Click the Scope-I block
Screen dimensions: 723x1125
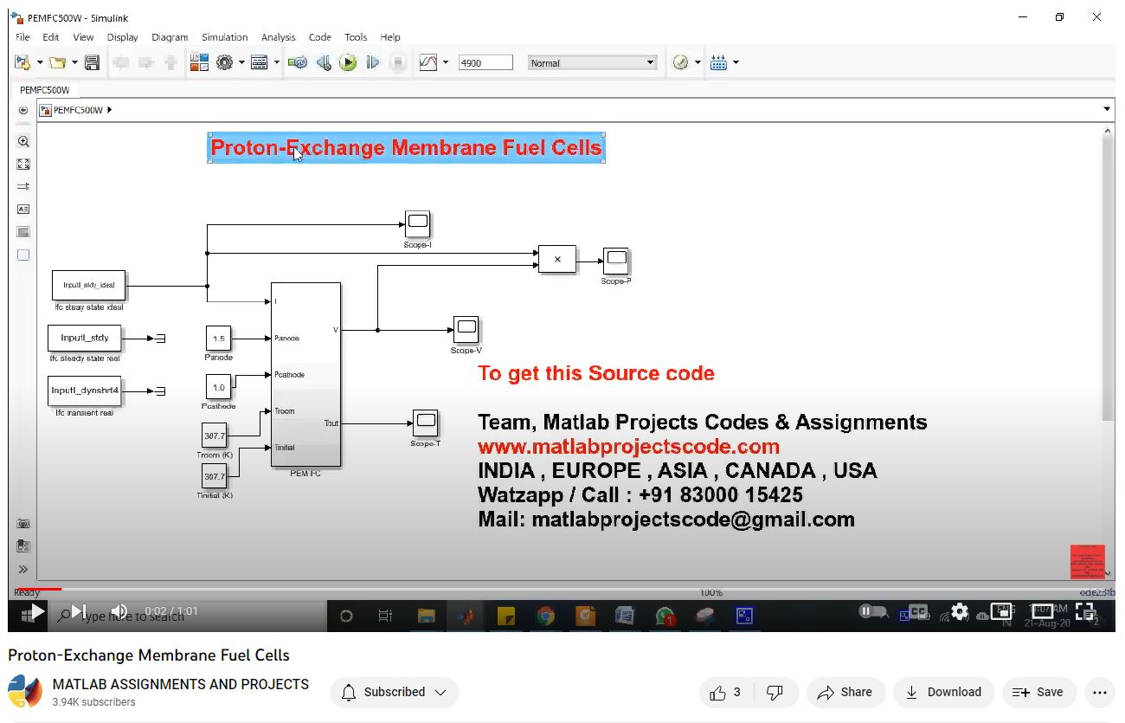tap(417, 223)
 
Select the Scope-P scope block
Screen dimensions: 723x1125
tap(616, 260)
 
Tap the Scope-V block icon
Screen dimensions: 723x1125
tap(466, 329)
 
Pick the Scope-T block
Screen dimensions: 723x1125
tap(425, 423)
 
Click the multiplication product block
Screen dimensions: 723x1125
tap(556, 260)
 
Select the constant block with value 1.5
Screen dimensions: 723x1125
tap(218, 339)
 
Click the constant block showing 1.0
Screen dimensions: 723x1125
tap(218, 387)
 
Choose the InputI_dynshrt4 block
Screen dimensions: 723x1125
tap(85, 391)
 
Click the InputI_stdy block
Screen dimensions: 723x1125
tap(85, 338)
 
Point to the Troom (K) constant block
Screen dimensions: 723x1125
tap(214, 436)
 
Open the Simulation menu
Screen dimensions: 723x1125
tap(224, 37)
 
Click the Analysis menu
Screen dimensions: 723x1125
tap(278, 37)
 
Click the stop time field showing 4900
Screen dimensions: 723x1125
tap(485, 63)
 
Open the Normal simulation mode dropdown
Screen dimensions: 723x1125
tap(593, 63)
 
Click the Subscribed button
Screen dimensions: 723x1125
tap(395, 693)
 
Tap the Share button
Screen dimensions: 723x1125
tap(845, 693)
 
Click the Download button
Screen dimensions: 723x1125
tap(943, 693)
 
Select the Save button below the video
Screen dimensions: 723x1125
tap(1038, 693)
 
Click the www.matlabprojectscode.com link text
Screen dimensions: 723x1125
tap(628, 447)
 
